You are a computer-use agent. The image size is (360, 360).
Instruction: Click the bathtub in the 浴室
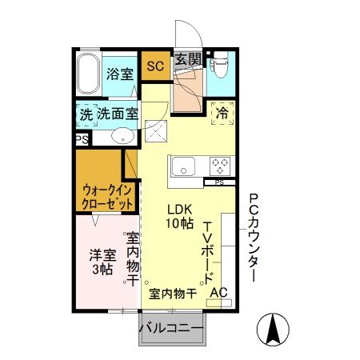(90, 75)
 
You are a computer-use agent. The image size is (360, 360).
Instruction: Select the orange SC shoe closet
(154, 66)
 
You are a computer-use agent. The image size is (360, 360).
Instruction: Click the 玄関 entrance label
(188, 59)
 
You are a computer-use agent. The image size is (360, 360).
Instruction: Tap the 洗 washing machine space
(86, 114)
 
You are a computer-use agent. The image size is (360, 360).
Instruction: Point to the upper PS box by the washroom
(82, 139)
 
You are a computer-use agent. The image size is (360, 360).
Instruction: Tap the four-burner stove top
(221, 166)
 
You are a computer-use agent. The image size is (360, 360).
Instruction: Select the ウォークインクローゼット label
(103, 197)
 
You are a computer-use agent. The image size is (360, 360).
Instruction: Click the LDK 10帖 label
(179, 217)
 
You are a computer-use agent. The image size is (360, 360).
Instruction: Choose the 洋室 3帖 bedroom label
(101, 262)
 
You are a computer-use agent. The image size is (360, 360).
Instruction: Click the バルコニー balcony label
(171, 329)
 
